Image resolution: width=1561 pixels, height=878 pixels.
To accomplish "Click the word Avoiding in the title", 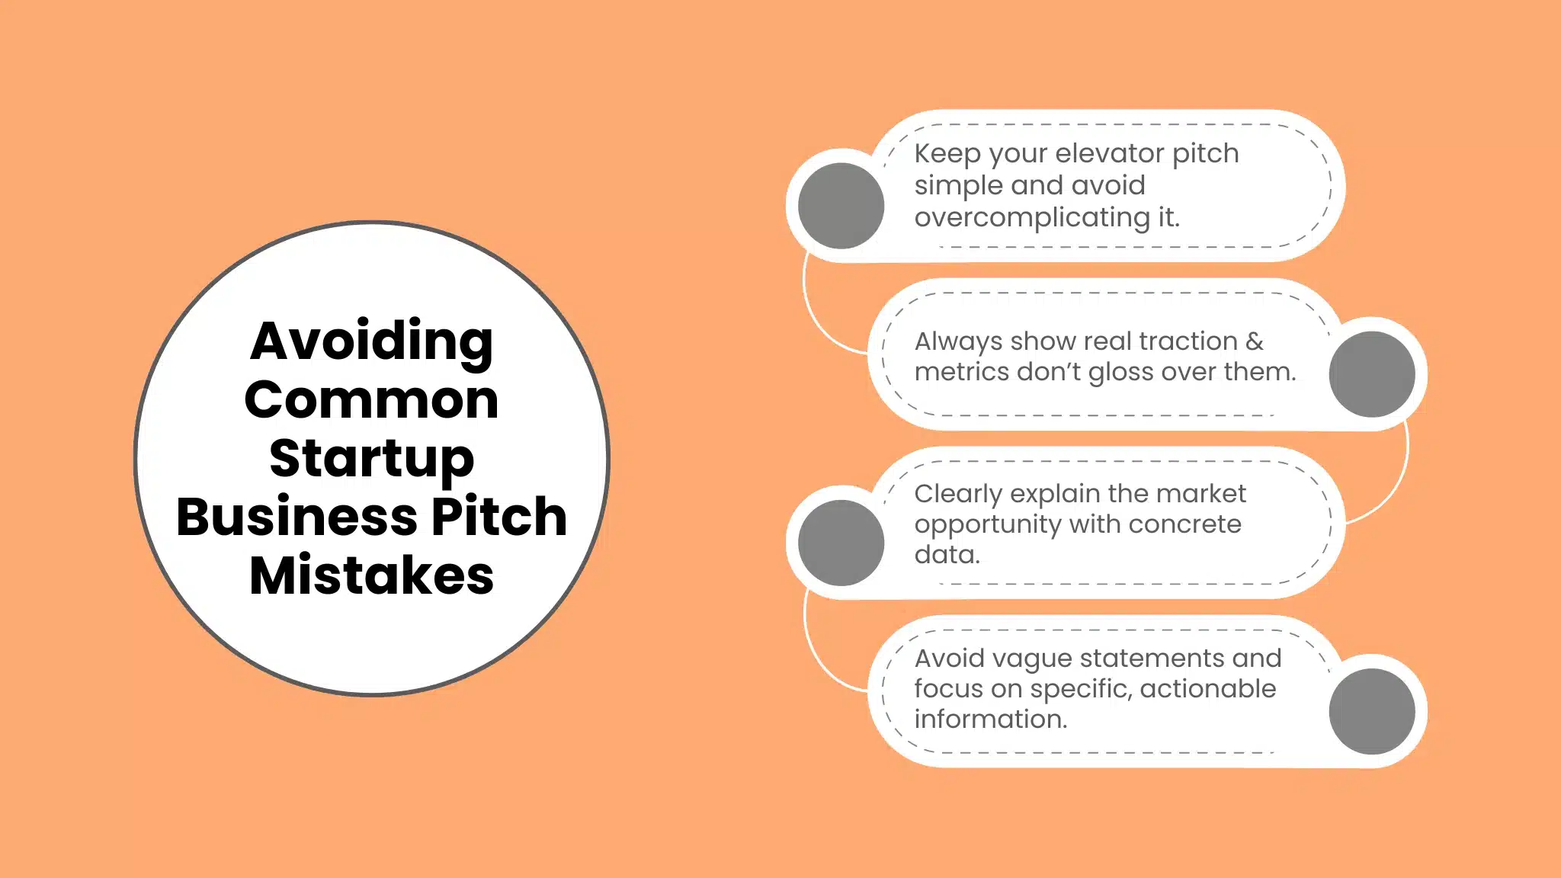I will [371, 341].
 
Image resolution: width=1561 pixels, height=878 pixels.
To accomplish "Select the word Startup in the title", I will [371, 459].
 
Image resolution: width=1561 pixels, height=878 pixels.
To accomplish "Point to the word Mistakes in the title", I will [371, 575].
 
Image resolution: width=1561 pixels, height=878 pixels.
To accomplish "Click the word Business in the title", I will [296, 517].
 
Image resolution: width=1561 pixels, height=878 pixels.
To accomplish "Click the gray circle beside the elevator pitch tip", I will [841, 206].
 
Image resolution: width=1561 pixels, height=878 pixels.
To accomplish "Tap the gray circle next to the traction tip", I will [1372, 374].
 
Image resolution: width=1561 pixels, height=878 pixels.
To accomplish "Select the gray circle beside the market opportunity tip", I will [841, 543].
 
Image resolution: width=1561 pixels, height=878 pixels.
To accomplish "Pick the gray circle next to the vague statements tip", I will [1372, 711].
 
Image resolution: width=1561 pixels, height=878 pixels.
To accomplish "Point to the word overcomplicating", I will [1031, 218].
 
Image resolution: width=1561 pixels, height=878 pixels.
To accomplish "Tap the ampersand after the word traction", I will [1254, 341].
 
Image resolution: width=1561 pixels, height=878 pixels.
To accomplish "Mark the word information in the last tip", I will [990, 719].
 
